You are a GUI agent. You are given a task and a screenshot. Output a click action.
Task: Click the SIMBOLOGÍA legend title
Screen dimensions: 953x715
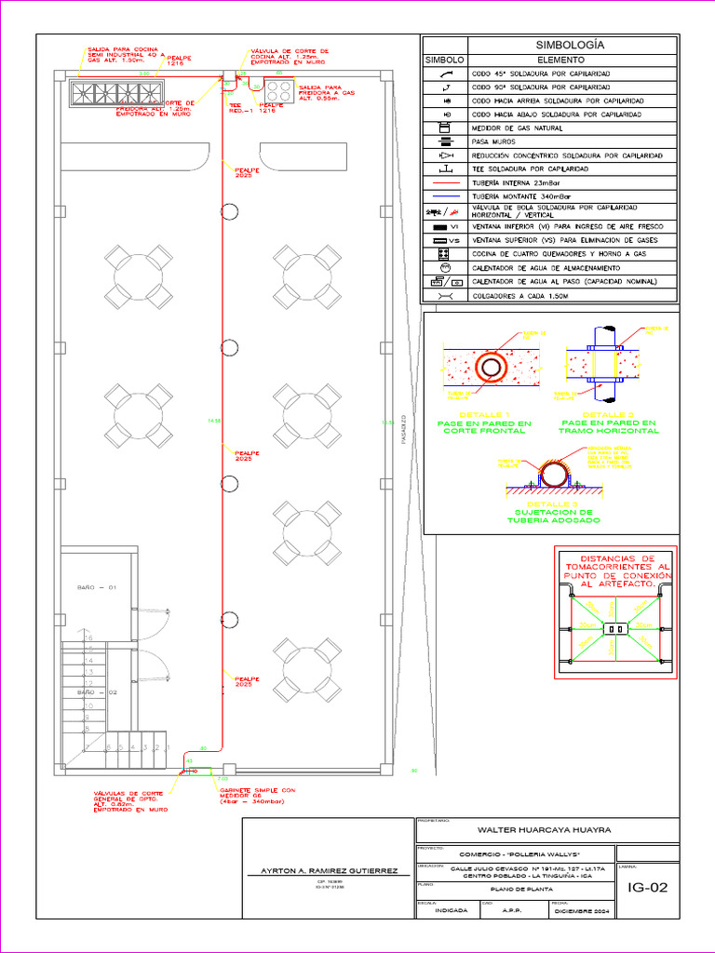571,45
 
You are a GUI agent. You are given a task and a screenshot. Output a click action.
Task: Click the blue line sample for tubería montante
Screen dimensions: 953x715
445,197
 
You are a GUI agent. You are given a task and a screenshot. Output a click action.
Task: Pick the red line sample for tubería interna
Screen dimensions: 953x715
445,183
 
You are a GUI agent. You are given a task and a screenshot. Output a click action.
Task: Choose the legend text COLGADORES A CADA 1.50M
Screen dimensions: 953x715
519,295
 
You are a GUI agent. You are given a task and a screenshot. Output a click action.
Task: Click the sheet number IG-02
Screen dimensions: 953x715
648,887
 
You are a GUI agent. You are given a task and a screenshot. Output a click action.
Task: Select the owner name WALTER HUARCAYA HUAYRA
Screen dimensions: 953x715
545,830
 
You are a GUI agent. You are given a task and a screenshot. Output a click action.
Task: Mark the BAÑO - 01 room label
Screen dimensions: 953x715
96,588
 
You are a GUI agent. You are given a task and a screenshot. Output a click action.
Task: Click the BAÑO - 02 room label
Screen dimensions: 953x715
96,693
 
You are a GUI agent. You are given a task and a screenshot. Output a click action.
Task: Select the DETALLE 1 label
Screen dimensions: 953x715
484,414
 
